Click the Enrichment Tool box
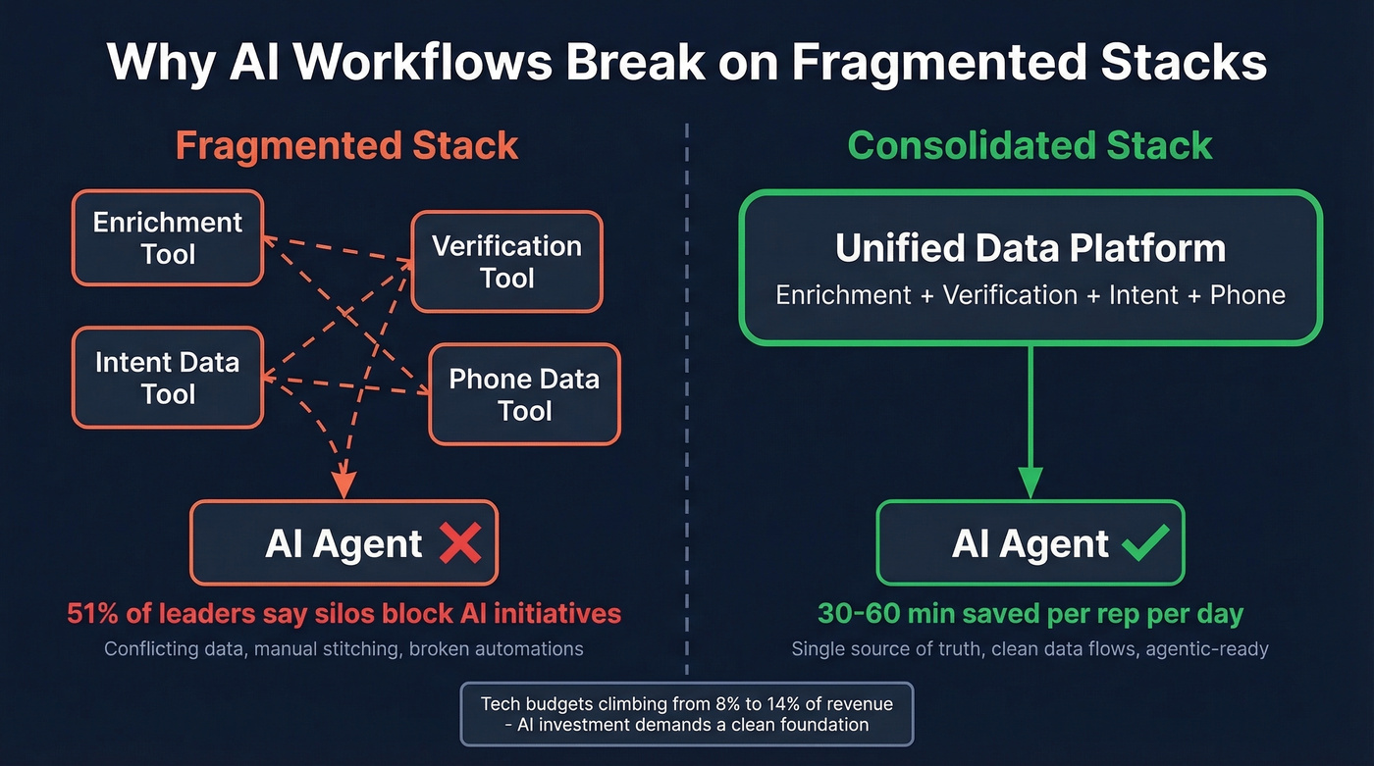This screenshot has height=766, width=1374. pos(167,238)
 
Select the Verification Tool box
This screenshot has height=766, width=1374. pos(506,262)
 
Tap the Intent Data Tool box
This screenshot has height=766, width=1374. pos(167,378)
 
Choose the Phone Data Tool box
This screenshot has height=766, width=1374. pos(524,394)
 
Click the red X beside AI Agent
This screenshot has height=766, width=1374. pos(459,543)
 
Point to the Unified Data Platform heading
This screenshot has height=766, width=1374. pos(1030,248)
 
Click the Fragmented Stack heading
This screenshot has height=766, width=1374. pos(346,146)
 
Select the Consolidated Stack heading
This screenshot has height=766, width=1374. pos(1030,146)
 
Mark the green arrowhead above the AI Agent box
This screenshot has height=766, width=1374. pos(1030,482)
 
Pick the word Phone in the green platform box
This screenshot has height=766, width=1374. pos(1246,295)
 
